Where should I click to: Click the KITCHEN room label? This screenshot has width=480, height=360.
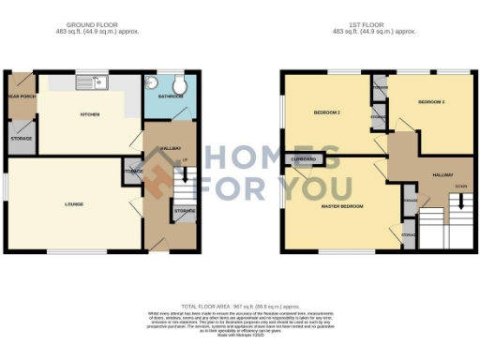[90, 115]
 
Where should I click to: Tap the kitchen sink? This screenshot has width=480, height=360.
[98, 82]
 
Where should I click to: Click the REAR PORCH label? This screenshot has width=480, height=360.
[21, 97]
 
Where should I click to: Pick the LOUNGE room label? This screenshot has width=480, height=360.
[62, 203]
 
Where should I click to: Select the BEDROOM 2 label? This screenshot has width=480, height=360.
[325, 112]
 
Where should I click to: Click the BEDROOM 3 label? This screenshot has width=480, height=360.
[431, 100]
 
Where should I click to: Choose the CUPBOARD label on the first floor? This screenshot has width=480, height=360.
[303, 159]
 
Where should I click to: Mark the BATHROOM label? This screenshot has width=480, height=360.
[170, 96]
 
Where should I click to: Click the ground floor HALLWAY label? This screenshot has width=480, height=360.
[170, 148]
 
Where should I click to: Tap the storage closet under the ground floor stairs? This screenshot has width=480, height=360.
[183, 211]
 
